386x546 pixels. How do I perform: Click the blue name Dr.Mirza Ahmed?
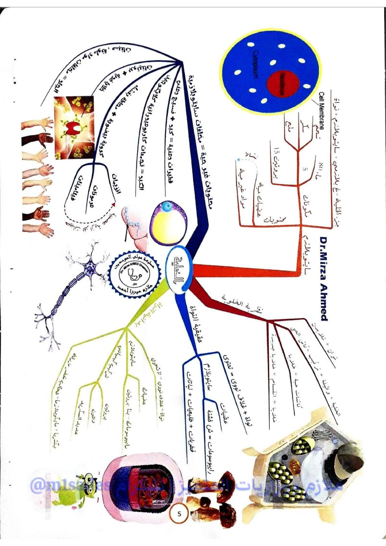pos(323,278)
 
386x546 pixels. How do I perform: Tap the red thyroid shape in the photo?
pos(74,128)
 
